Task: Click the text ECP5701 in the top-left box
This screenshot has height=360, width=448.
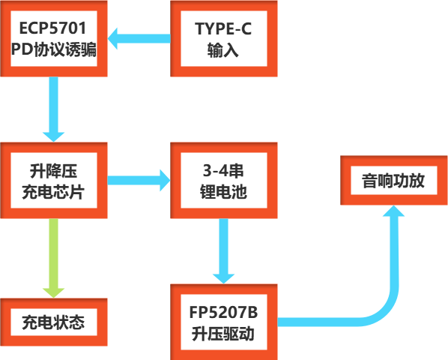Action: point(54,29)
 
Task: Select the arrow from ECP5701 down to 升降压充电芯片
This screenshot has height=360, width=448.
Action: point(54,109)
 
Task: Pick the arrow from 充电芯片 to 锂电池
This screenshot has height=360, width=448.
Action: point(139,179)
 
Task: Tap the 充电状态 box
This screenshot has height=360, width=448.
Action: point(53,323)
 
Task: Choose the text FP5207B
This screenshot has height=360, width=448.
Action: point(225,312)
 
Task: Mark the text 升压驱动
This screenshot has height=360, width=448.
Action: point(225,334)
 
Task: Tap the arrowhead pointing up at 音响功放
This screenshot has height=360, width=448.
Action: point(394,213)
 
